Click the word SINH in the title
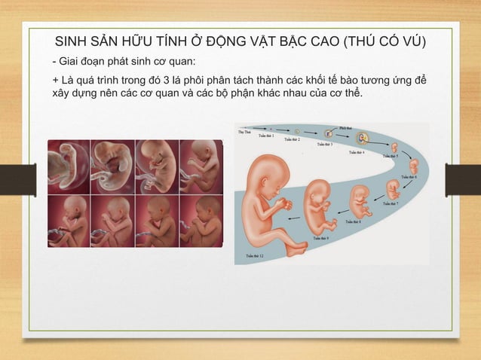pos(73,41)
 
